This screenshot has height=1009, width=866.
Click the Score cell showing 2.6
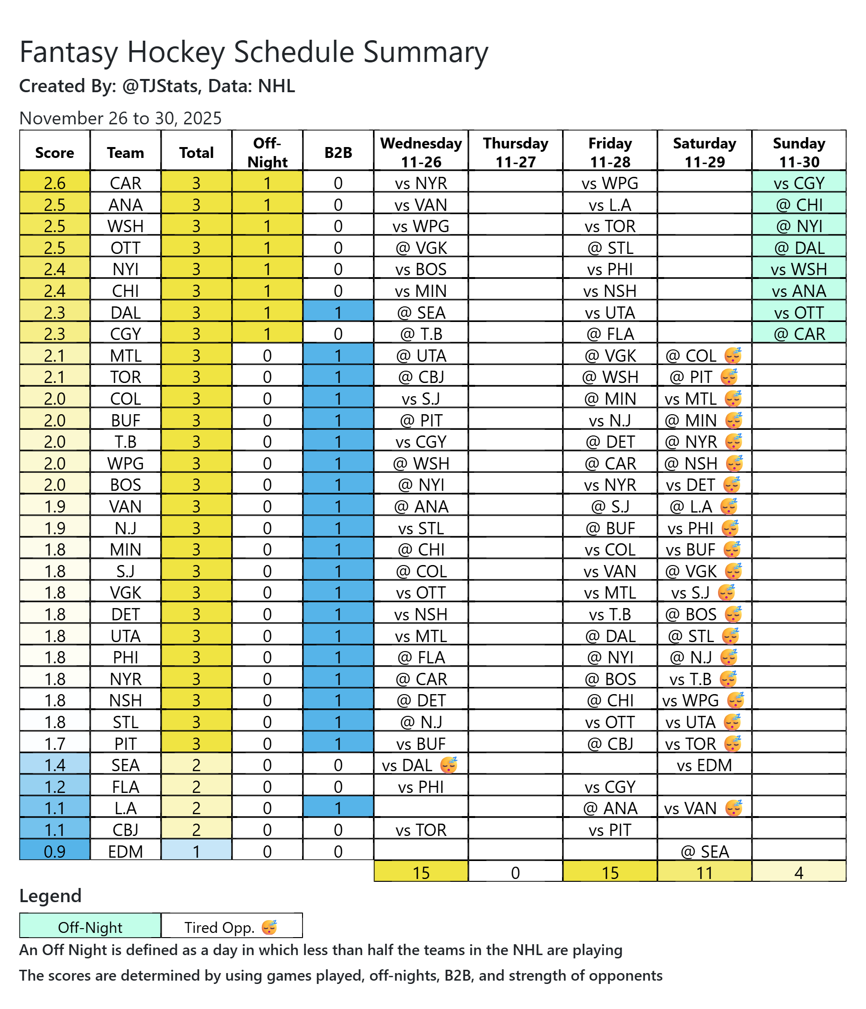(x=54, y=183)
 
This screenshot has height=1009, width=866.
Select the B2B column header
(x=338, y=152)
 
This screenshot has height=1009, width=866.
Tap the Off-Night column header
(x=267, y=152)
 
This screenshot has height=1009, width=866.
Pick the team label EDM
(x=126, y=852)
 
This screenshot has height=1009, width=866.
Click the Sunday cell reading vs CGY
(x=799, y=183)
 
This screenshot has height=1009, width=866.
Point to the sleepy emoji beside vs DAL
(x=448, y=765)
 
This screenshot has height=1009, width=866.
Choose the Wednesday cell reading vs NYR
(x=421, y=183)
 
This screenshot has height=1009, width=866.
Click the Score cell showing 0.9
(x=54, y=852)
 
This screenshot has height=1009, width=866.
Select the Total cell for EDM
(x=196, y=852)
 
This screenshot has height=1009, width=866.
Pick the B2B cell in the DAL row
(x=338, y=313)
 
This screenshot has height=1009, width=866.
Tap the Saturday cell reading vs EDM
(x=704, y=765)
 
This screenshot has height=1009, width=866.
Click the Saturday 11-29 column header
(x=704, y=152)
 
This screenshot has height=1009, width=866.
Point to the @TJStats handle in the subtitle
(x=160, y=86)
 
